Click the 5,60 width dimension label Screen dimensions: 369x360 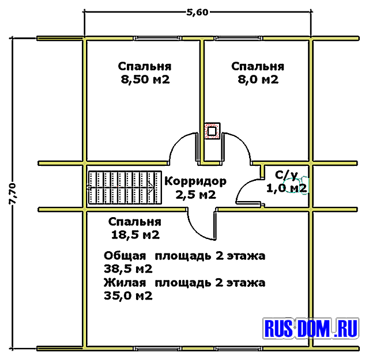(x=197, y=12)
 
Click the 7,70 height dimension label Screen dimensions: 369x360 (x=12, y=194)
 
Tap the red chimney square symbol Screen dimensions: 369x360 (x=212, y=131)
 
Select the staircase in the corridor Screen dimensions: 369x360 (x=125, y=187)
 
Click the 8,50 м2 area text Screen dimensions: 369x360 (x=145, y=79)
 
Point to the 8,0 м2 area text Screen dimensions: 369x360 (x=258, y=79)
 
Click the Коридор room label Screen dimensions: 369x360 (x=195, y=181)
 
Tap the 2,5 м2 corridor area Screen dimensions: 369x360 (x=196, y=195)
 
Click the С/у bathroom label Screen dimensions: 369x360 (x=287, y=175)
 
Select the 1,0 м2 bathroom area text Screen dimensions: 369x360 (x=287, y=188)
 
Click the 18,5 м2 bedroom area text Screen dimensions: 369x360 (x=135, y=234)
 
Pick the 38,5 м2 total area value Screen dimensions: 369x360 (x=128, y=269)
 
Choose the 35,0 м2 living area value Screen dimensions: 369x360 (x=128, y=295)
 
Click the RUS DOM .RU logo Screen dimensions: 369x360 (x=311, y=328)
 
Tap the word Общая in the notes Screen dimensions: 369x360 (x=125, y=256)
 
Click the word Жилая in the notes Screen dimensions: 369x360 (x=125, y=282)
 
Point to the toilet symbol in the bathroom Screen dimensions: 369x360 (x=296, y=185)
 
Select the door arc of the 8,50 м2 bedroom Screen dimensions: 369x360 (x=176, y=141)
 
